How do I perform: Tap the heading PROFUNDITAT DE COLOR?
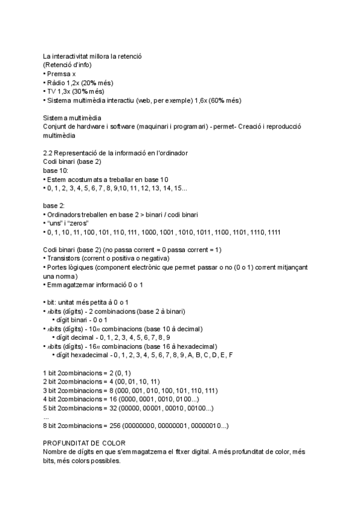84,443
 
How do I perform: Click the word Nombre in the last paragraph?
58,452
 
